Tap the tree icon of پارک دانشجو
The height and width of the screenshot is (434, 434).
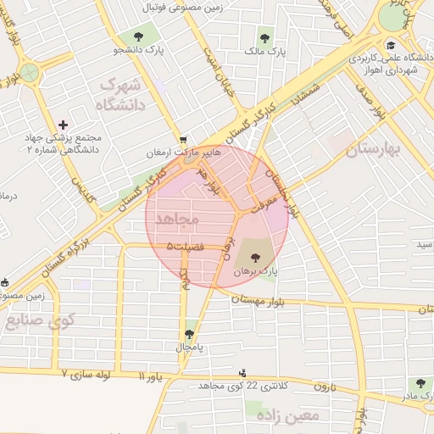coord(136,36)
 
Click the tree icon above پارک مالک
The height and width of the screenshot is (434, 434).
coord(264,37)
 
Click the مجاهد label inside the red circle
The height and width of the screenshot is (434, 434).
coord(177,219)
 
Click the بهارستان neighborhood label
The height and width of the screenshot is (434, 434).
coord(372,150)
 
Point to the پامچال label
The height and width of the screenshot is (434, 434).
coord(190,348)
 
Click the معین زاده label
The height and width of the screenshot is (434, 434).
coord(292,416)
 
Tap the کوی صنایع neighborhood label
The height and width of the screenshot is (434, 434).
coord(41,321)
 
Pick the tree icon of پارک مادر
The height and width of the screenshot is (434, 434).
coord(417,383)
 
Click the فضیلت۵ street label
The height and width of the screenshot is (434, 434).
coord(187,246)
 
